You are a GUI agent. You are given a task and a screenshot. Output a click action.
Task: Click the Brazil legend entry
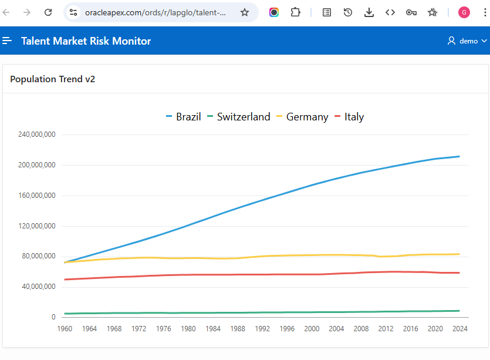[x=188, y=117]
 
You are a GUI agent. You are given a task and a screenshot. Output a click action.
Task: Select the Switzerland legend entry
[x=243, y=117]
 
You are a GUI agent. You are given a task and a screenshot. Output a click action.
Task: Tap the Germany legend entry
[x=307, y=117]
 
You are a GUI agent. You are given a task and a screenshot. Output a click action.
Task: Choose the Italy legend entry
[x=354, y=117]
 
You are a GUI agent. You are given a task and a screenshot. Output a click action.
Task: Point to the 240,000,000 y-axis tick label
[x=36, y=134]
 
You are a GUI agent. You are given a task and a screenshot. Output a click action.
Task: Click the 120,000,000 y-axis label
[x=36, y=226]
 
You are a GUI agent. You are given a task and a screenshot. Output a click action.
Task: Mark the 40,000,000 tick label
[x=38, y=287]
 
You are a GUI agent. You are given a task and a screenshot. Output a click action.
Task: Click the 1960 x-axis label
[x=65, y=329]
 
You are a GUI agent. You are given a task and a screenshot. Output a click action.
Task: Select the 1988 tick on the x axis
[x=238, y=329]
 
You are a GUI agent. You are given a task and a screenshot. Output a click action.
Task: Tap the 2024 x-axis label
[x=459, y=329]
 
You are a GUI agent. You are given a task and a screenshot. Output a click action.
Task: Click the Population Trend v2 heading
[x=52, y=79]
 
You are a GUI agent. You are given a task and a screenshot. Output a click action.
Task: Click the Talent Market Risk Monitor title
[x=86, y=41]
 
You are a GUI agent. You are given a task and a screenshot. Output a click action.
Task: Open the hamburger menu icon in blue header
[x=7, y=41]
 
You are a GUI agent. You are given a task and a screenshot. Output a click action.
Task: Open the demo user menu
[x=467, y=41]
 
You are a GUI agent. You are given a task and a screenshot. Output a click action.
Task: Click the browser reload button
[x=49, y=12]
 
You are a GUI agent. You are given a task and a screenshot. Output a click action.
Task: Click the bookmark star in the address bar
[x=245, y=12]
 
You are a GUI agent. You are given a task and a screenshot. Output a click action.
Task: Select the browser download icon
[x=369, y=12]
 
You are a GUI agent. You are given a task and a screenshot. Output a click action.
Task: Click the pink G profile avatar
[x=464, y=12]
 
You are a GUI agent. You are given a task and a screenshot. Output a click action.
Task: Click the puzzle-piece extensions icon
[x=296, y=12]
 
